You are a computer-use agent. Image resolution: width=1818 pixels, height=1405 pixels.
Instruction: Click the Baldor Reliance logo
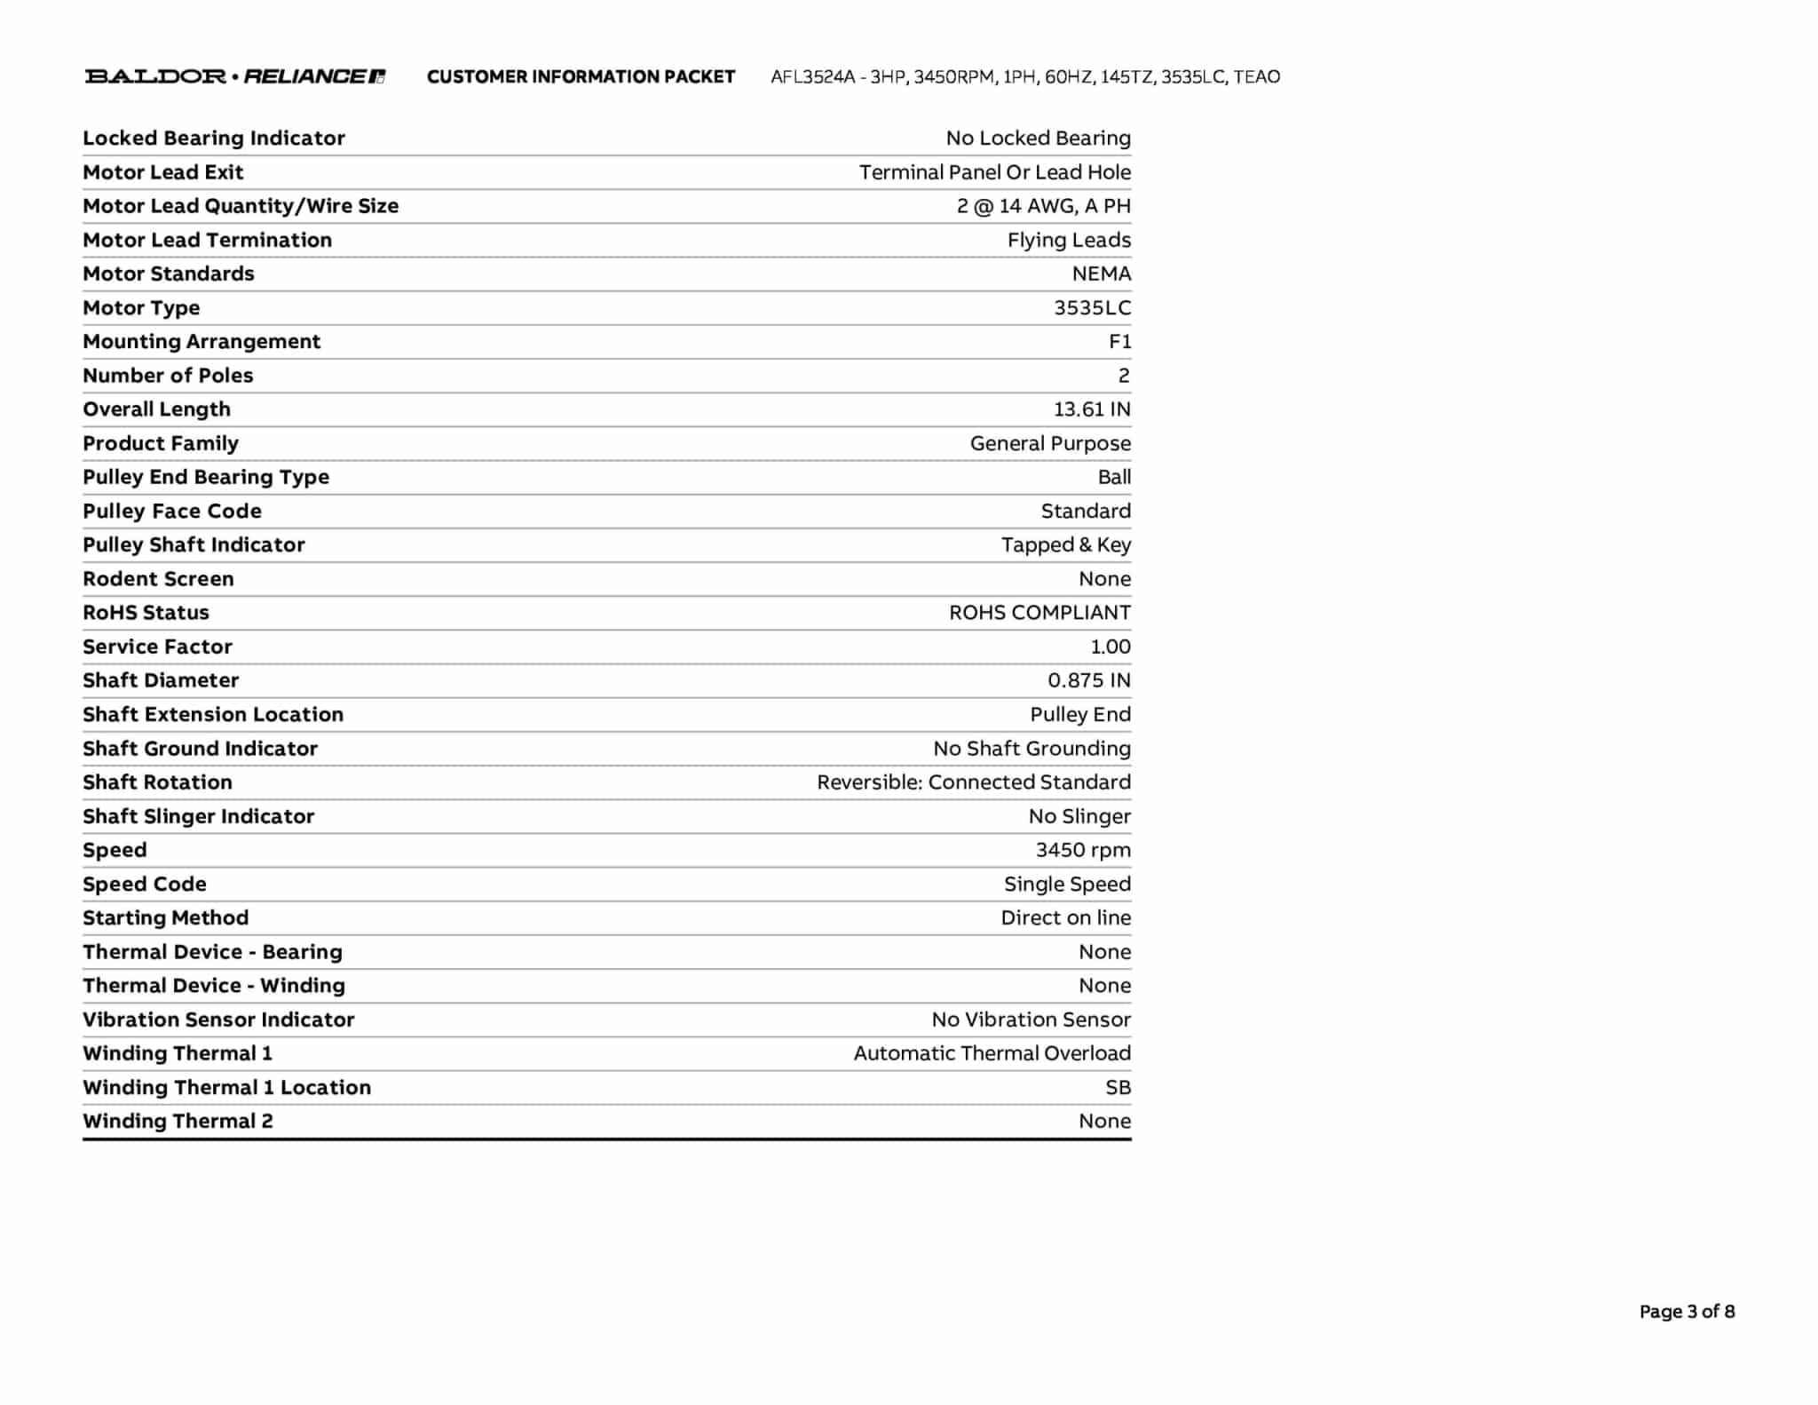tap(234, 76)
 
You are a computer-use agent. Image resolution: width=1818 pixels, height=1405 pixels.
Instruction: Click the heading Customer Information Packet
tap(581, 76)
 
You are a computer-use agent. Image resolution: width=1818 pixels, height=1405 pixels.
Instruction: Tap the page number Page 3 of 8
tap(1686, 1311)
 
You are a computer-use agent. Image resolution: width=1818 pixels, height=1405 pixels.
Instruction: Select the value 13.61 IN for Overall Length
tap(1091, 409)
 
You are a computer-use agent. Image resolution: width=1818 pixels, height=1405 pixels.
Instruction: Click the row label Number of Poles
tap(168, 376)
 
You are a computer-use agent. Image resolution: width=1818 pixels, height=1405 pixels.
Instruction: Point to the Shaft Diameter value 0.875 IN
tap(1088, 680)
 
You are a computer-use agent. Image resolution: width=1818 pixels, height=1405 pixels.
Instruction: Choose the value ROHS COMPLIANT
tap(1039, 613)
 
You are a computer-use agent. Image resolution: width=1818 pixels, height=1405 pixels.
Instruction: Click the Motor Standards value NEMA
tap(1101, 274)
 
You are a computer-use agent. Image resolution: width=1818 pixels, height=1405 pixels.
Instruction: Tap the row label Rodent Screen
tap(158, 579)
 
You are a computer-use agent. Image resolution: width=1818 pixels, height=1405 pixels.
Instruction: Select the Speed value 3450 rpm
tap(1083, 850)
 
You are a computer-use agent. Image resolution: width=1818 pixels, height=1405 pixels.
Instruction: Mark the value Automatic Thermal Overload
tap(992, 1053)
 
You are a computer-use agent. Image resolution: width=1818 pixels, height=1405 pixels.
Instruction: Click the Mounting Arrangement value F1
tap(1119, 342)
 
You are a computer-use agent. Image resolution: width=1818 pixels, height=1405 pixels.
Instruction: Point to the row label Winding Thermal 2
tap(178, 1121)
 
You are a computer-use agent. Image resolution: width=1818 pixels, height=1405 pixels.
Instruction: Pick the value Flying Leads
tap(1069, 240)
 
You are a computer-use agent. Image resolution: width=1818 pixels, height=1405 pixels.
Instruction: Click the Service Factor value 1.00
tap(1110, 647)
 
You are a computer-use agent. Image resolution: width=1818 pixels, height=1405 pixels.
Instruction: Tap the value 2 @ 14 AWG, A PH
tap(1043, 206)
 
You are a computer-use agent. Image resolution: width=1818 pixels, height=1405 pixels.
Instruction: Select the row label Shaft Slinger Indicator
tap(198, 816)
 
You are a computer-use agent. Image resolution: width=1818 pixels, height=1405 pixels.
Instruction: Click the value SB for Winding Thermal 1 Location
tap(1118, 1087)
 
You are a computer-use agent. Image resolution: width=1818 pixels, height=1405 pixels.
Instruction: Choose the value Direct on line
tap(1065, 917)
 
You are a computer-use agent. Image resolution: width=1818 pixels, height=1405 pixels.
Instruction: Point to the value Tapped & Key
tap(1065, 544)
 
